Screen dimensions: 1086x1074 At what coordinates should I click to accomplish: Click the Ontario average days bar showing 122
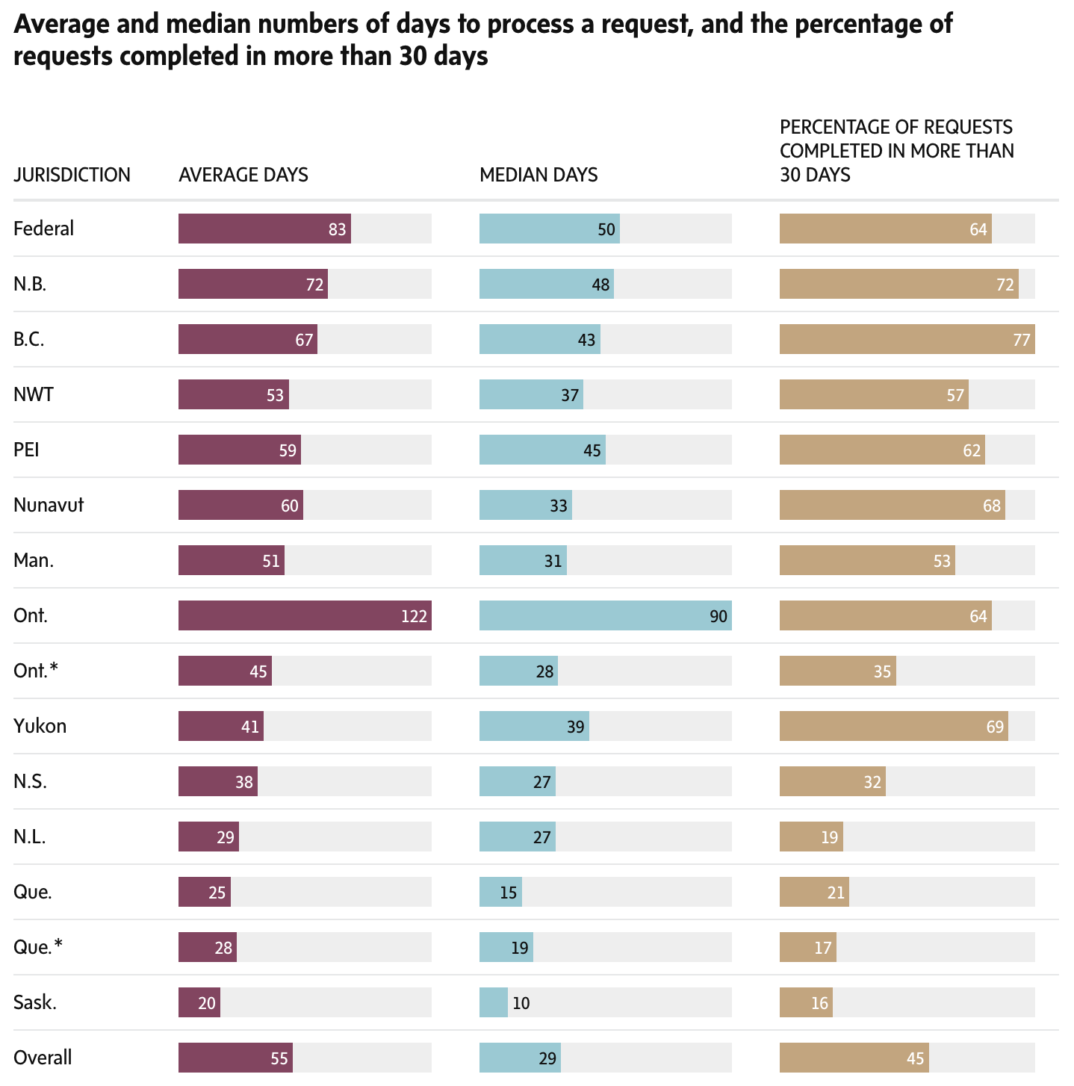pyautogui.click(x=305, y=615)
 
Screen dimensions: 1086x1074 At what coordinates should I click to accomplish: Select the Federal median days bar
pyautogui.click(x=549, y=229)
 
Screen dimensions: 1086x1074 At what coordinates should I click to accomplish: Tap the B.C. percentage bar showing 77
pyautogui.click(x=907, y=339)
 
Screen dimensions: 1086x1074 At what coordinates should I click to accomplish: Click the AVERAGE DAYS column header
pyautogui.click(x=243, y=175)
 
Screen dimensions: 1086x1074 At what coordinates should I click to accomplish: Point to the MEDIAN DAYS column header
pyautogui.click(x=538, y=175)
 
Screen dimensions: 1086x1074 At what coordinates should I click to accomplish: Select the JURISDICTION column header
pyautogui.click(x=72, y=175)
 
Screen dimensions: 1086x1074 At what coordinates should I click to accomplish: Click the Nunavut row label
pyautogui.click(x=49, y=505)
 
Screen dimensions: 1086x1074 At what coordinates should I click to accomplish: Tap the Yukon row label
pyautogui.click(x=40, y=726)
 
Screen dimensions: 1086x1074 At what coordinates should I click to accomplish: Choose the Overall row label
pyautogui.click(x=43, y=1058)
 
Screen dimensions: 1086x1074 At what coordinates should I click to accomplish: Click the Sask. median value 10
pyautogui.click(x=521, y=1002)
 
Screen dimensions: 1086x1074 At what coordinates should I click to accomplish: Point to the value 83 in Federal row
pyautogui.click(x=338, y=229)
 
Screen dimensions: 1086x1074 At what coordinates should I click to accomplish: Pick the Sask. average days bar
pyautogui.click(x=199, y=1002)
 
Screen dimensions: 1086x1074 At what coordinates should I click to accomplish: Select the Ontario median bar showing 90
pyautogui.click(x=605, y=615)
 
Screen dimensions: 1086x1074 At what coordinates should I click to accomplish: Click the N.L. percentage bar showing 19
pyautogui.click(x=811, y=837)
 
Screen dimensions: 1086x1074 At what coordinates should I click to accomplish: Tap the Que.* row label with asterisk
pyautogui.click(x=38, y=947)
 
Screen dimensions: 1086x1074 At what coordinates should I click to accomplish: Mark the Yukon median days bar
pyautogui.click(x=534, y=726)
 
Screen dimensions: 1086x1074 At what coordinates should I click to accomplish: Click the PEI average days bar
pyautogui.click(x=239, y=450)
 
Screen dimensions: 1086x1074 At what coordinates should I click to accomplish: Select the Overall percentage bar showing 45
pyautogui.click(x=854, y=1058)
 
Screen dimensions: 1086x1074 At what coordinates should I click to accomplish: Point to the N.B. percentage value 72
pyautogui.click(x=1005, y=284)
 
